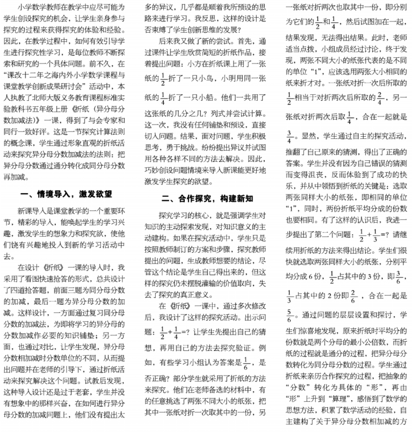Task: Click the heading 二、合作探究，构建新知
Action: click(207, 198)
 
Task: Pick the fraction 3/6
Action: click(399, 278)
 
